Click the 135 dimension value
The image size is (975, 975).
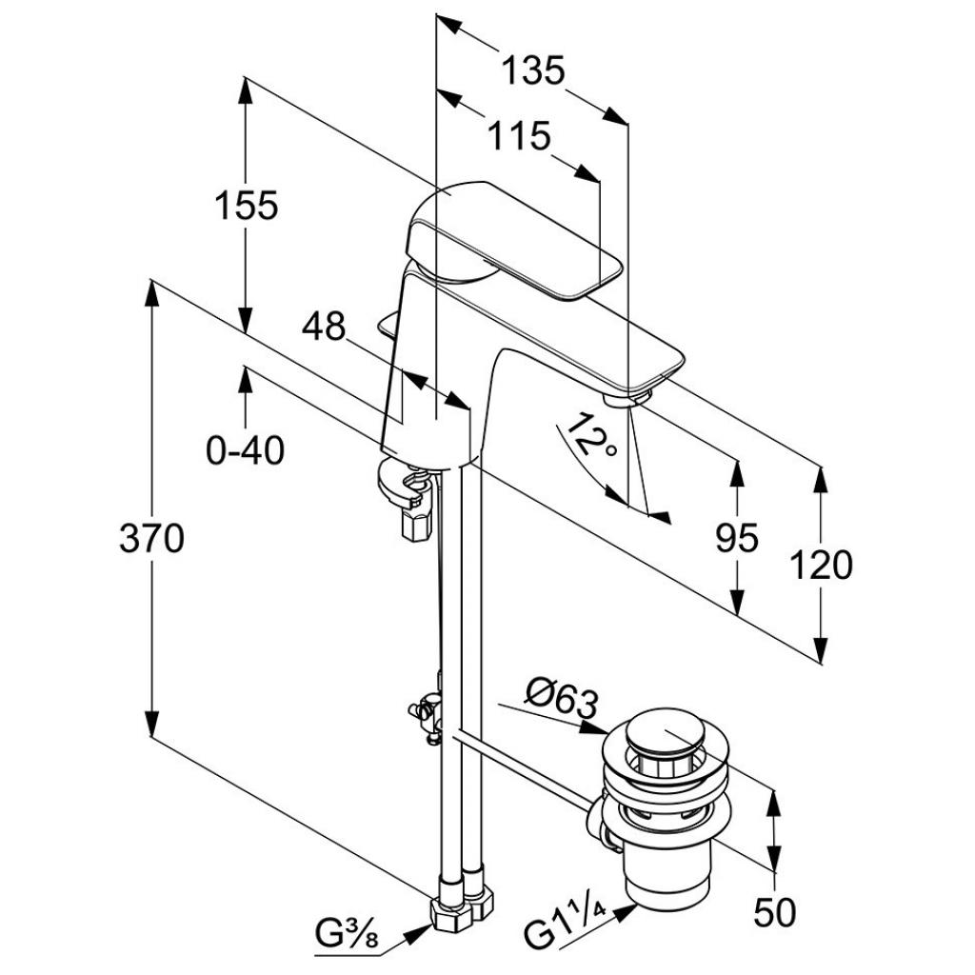pyautogui.click(x=533, y=70)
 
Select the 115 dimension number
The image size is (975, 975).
pyautogui.click(x=520, y=136)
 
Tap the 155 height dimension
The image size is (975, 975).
pyautogui.click(x=246, y=206)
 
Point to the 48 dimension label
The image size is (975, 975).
pyautogui.click(x=323, y=328)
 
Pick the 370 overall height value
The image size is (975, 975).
pyautogui.click(x=151, y=539)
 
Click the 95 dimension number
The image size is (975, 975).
pyautogui.click(x=737, y=539)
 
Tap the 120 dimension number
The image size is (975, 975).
pyautogui.click(x=821, y=567)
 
